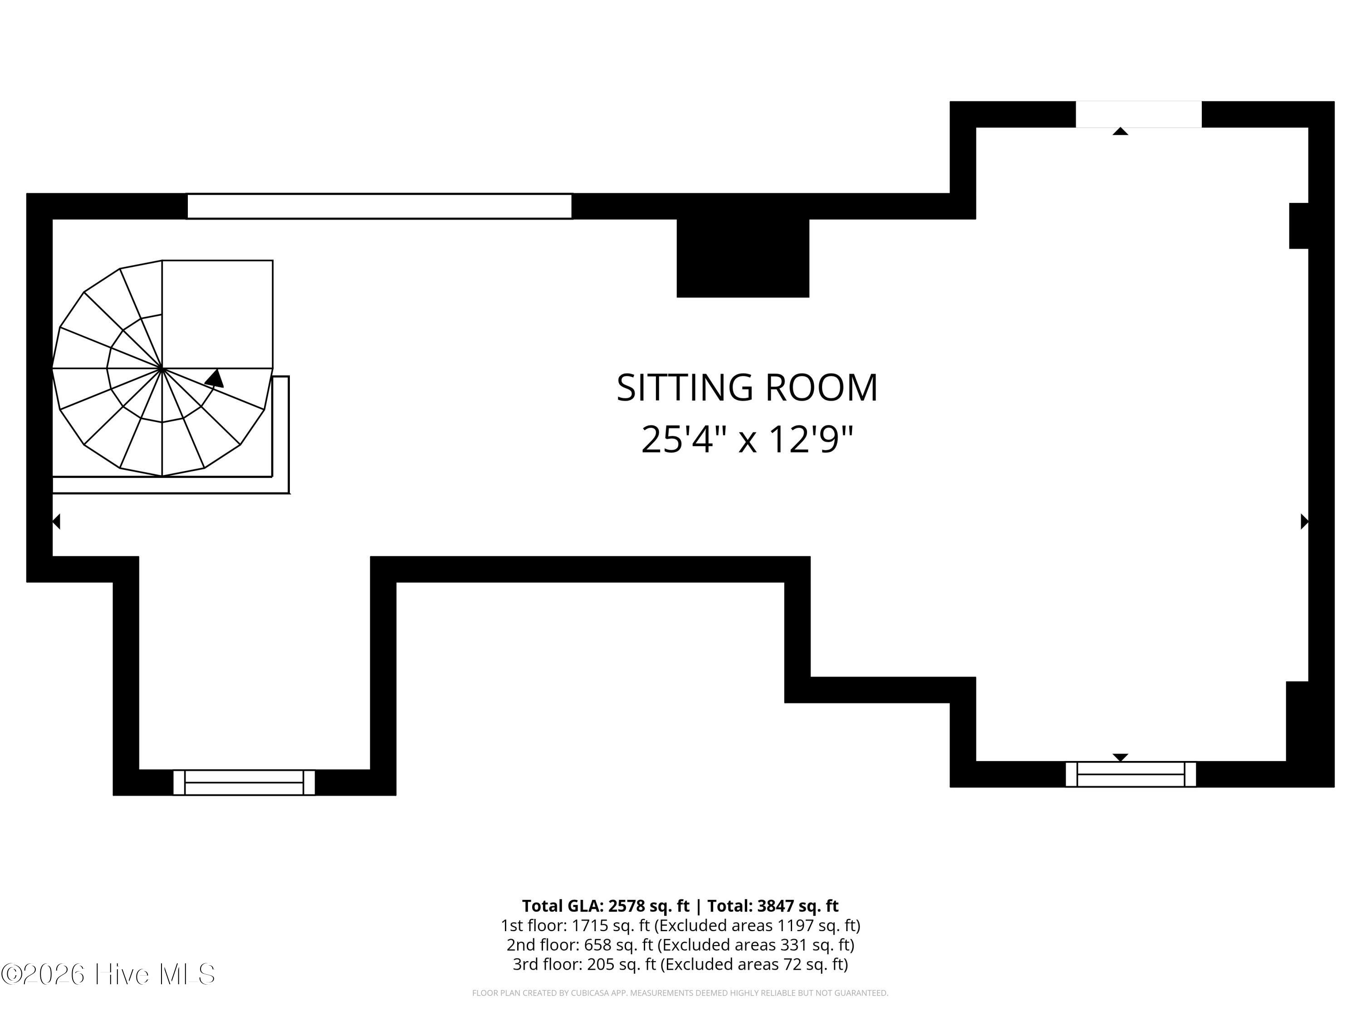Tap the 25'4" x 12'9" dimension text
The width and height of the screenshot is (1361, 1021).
click(x=747, y=439)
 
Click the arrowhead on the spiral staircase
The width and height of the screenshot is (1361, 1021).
click(x=214, y=378)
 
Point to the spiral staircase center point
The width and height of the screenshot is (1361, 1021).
click(x=162, y=368)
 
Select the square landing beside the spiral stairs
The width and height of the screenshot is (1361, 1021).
click(x=217, y=314)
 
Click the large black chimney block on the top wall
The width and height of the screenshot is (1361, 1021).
click(x=743, y=258)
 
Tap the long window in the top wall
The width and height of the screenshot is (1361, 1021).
click(x=379, y=206)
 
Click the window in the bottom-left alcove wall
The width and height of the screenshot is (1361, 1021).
click(x=244, y=782)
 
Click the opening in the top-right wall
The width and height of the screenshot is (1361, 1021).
click(x=1138, y=114)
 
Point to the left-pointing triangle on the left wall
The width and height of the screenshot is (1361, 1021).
click(x=56, y=521)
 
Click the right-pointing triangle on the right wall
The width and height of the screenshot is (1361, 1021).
click(x=1304, y=521)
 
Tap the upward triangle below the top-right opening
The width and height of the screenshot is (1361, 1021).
click(x=1121, y=131)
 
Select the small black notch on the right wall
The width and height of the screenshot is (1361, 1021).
click(x=1299, y=226)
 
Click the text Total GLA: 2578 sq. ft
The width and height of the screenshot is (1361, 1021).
click(x=606, y=906)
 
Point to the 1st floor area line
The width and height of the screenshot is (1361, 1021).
click(x=680, y=926)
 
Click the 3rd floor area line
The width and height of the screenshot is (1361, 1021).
click(x=680, y=964)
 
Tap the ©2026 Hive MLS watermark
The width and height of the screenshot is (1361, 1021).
click(x=108, y=974)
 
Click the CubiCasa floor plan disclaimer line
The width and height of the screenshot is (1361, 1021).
click(x=680, y=993)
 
